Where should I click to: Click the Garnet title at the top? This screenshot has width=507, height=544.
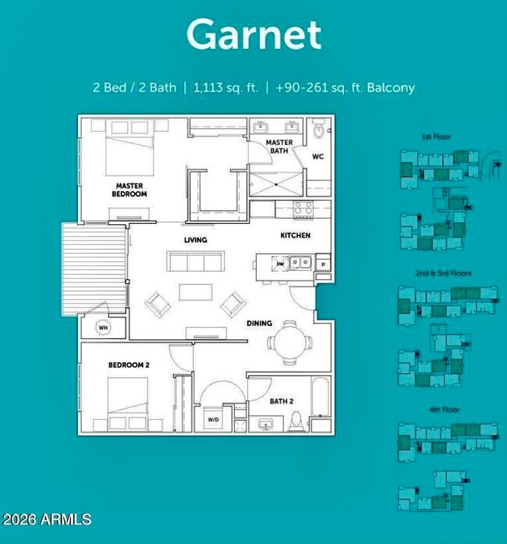click(x=253, y=35)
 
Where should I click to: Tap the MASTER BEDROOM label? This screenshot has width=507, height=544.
click(x=129, y=190)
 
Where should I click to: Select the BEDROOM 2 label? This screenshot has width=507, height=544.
click(x=128, y=365)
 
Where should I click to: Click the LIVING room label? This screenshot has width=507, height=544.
click(x=195, y=240)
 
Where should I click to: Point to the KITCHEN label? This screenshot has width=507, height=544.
click(x=295, y=235)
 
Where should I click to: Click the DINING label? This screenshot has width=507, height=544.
click(x=259, y=323)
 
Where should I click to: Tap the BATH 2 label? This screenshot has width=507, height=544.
click(x=282, y=401)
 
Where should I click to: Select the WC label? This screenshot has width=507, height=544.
click(x=317, y=156)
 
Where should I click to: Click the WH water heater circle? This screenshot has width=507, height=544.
click(x=103, y=328)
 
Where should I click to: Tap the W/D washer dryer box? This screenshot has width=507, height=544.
click(x=213, y=420)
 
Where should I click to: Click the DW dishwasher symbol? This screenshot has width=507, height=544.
click(x=280, y=264)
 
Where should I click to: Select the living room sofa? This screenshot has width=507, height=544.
click(x=193, y=262)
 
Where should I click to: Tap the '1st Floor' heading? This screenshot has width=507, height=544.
click(x=436, y=137)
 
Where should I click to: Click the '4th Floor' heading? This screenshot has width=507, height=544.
click(x=436, y=409)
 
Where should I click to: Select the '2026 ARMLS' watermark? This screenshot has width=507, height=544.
click(x=47, y=519)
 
